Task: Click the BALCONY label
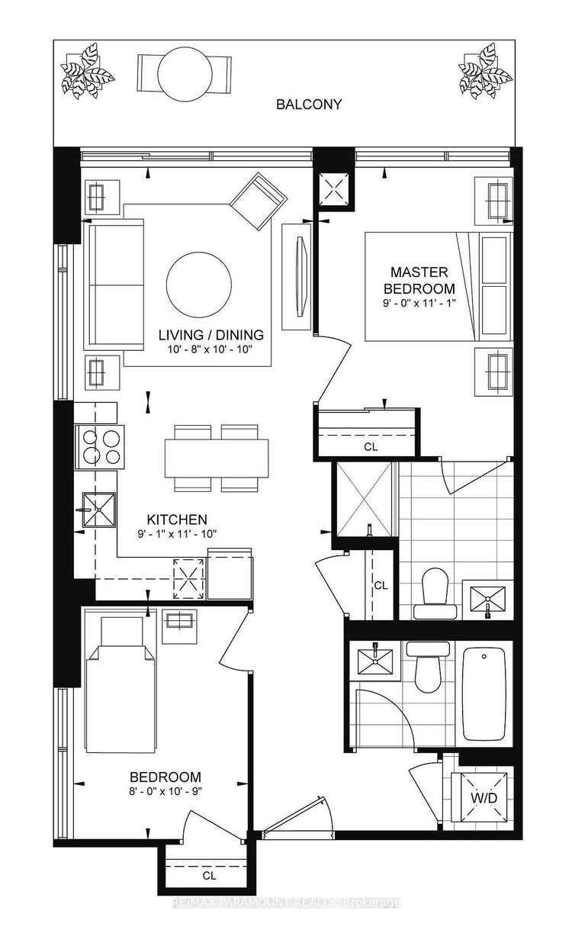tap(308, 104)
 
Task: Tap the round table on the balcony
tap(185, 74)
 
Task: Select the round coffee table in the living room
tap(198, 285)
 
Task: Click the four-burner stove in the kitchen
tap(99, 447)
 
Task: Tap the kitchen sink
tap(99, 510)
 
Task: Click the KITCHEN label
tap(177, 520)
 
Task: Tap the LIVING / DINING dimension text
tap(212, 348)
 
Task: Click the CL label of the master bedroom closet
tap(371, 447)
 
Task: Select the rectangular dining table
tap(217, 458)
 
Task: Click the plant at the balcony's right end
tap(486, 71)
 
